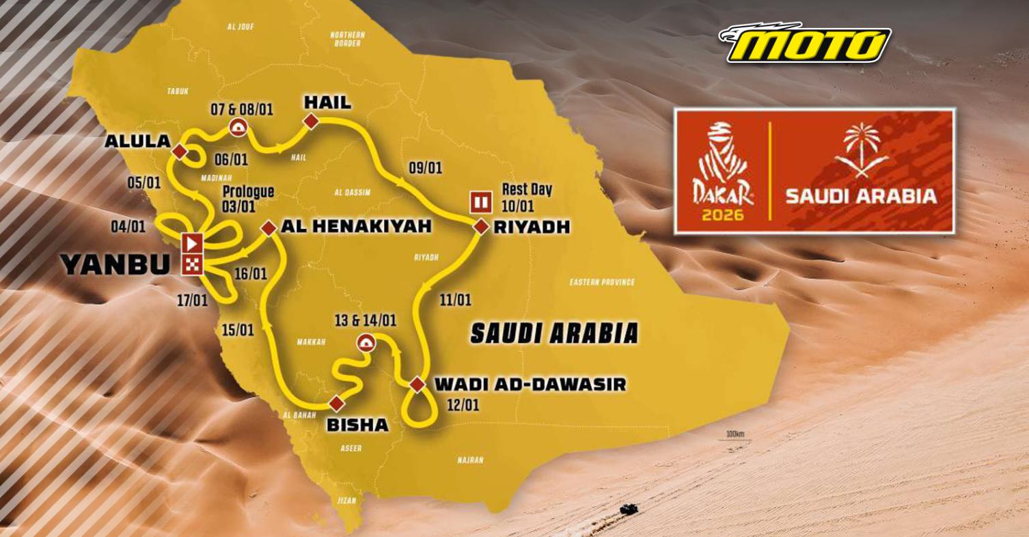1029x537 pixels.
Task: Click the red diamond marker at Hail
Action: [311, 122]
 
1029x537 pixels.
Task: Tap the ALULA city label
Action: [137, 141]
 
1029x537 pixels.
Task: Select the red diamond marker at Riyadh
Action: [481, 228]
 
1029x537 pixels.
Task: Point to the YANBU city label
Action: [115, 264]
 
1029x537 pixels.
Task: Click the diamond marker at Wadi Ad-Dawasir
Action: [417, 385]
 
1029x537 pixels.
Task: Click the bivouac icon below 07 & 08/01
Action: [238, 126]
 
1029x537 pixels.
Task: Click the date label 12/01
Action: [463, 405]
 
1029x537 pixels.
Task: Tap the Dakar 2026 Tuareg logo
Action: [724, 171]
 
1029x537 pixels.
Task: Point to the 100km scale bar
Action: [735, 437]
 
